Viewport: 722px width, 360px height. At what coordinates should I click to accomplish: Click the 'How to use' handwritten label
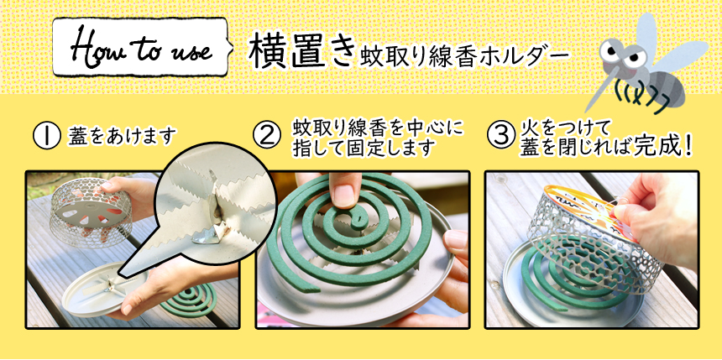[x=141, y=48]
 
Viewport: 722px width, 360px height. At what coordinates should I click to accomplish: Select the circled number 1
[x=46, y=136]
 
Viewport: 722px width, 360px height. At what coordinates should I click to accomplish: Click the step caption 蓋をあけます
[x=122, y=137]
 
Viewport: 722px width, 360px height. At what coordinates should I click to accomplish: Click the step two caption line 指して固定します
[x=364, y=148]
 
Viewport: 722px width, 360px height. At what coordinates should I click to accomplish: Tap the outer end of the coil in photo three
[x=559, y=307]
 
